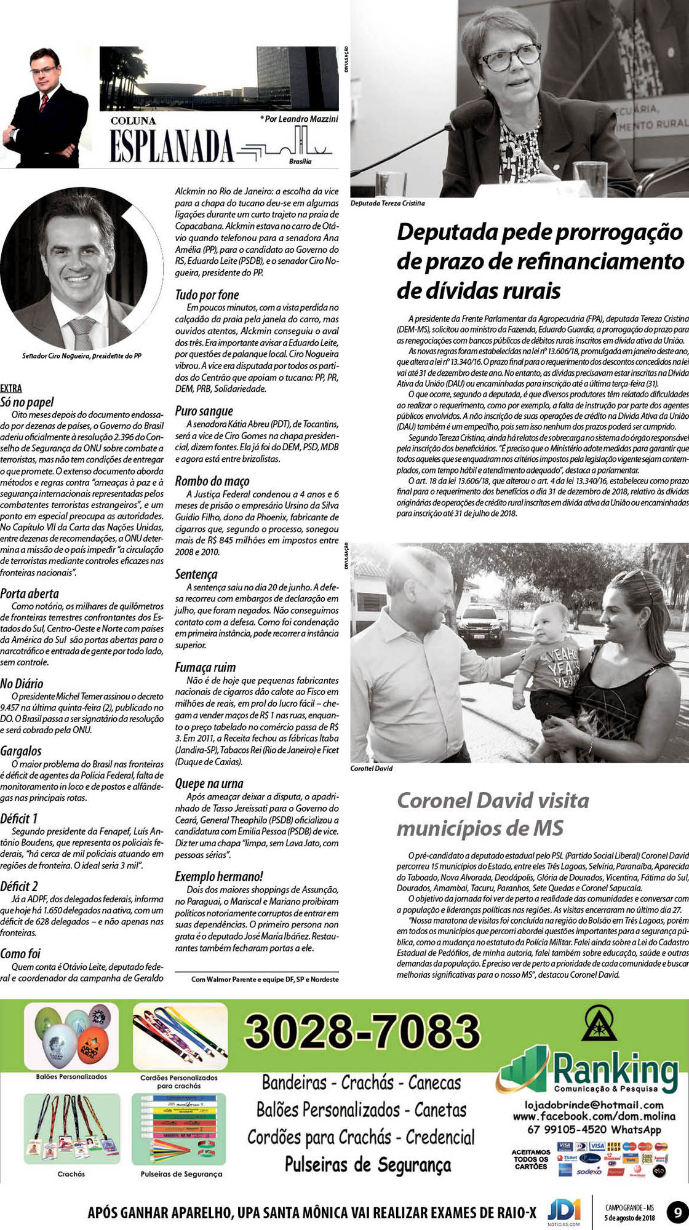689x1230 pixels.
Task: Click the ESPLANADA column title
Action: tap(172, 146)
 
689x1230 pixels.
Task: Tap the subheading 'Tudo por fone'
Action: tap(207, 295)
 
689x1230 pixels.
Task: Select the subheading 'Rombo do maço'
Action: tap(212, 481)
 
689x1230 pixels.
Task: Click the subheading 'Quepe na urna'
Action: tap(209, 784)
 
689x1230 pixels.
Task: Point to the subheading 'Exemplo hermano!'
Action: tap(218, 876)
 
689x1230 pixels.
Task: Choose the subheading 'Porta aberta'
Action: tap(30, 593)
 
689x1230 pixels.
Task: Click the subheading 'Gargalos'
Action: tap(21, 751)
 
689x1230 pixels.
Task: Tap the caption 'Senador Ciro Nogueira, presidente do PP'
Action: tap(82, 355)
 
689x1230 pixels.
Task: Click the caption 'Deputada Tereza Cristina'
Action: tap(388, 203)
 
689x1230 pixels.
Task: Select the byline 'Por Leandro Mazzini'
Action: tap(300, 119)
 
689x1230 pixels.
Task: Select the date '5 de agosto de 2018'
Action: tap(630, 1218)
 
